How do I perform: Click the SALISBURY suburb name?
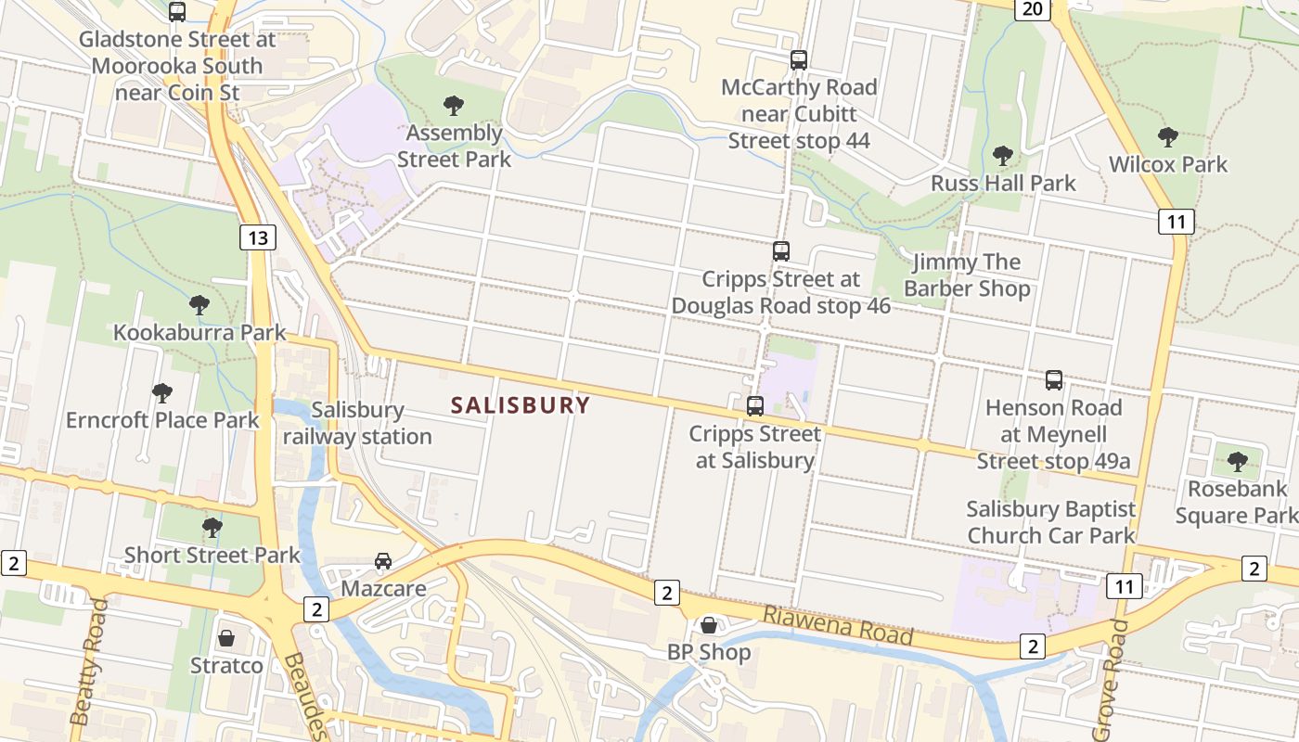[520, 405]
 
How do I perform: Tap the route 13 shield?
[258, 237]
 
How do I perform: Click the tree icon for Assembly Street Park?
[454, 105]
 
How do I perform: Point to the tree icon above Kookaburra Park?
[199, 304]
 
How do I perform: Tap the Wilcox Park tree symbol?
[1167, 137]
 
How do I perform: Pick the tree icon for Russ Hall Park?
[1002, 155]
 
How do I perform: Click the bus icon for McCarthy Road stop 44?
[799, 60]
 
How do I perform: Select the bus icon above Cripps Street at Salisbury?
[755, 405]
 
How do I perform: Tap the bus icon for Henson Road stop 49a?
[1053, 379]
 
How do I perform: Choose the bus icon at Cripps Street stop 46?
[781, 250]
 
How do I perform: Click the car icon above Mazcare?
[382, 560]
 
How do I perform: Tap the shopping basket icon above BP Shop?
[709, 625]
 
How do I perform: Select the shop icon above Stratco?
[225, 638]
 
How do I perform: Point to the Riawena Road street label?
[837, 627]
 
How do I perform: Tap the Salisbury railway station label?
[357, 423]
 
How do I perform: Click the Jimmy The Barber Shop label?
[967, 275]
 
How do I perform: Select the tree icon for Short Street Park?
[212, 528]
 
